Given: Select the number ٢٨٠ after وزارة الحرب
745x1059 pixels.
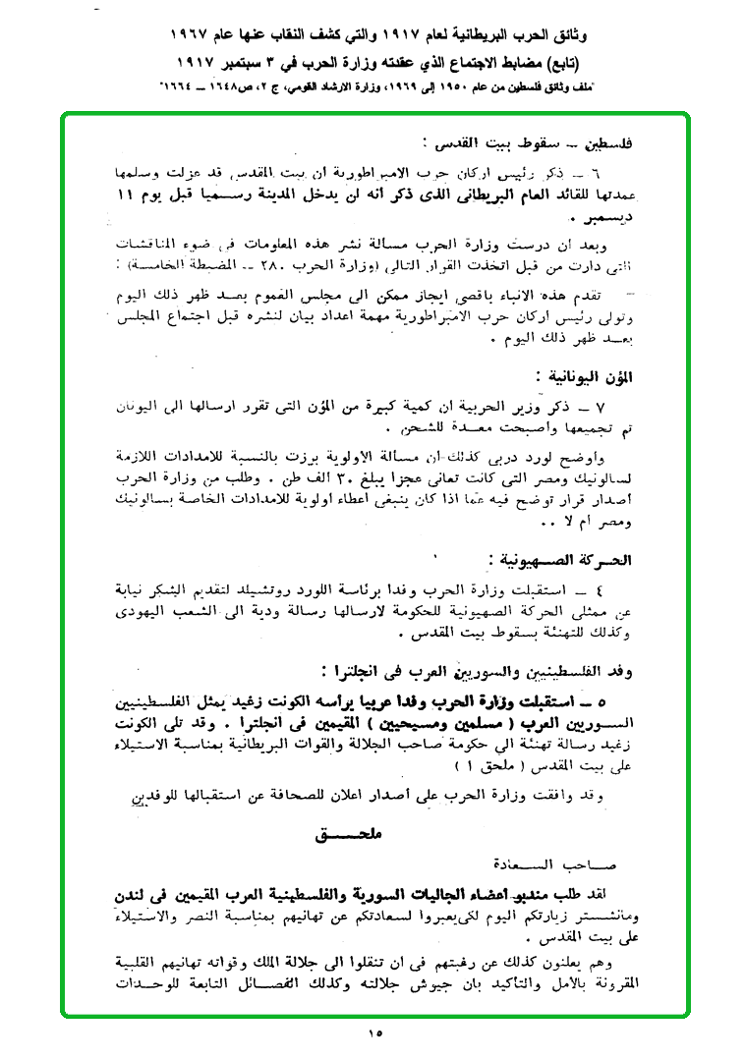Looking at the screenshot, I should (x=266, y=264).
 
